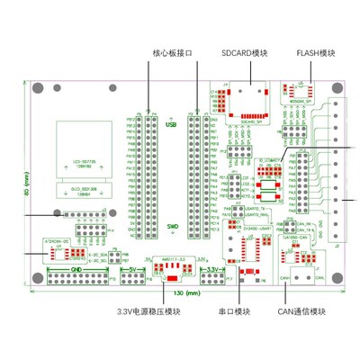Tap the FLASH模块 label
(315, 52)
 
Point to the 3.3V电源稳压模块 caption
(149, 312)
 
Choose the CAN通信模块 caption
(302, 312)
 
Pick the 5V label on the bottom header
(132, 269)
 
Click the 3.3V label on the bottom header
(210, 269)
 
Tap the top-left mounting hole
(40, 88)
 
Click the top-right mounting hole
(337, 88)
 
